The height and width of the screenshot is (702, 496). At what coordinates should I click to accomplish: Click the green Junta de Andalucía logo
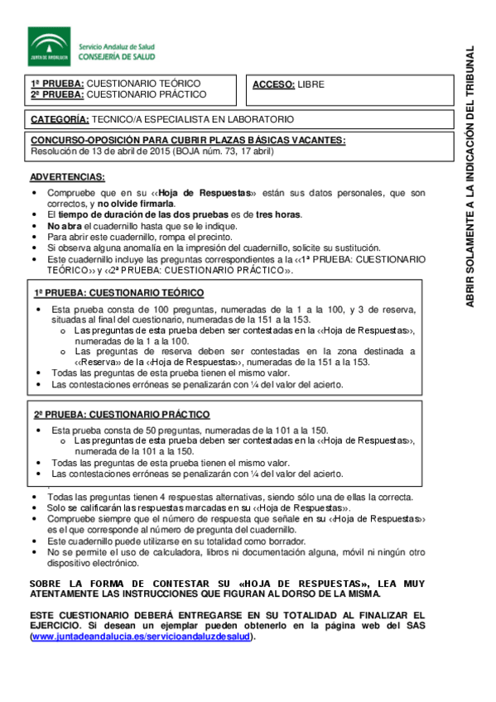click(x=50, y=46)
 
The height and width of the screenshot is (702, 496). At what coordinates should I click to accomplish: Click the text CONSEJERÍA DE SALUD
click(x=117, y=56)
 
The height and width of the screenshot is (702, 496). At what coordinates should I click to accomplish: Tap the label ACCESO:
click(x=272, y=84)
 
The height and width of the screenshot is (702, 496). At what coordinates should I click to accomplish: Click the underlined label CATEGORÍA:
click(x=59, y=119)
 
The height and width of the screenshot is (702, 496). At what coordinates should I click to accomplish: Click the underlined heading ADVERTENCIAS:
click(x=67, y=177)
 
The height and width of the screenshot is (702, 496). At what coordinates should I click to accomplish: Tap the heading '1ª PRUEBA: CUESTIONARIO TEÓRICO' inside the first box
click(x=118, y=293)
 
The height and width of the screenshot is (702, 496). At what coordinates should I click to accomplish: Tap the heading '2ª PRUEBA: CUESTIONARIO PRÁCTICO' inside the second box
click(x=120, y=413)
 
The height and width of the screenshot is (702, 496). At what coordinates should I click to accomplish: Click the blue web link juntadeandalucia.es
click(x=139, y=637)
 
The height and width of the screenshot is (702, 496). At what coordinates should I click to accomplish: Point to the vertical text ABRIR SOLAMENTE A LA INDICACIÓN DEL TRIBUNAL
click(x=470, y=177)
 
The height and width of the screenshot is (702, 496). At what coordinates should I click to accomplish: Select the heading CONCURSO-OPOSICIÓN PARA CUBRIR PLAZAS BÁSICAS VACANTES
click(x=188, y=141)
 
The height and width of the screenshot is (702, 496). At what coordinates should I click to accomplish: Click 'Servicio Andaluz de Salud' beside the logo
click(x=117, y=46)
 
